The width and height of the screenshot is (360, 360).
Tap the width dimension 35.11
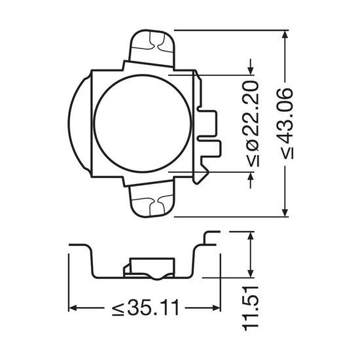[153, 308]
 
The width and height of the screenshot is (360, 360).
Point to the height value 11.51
[251, 308]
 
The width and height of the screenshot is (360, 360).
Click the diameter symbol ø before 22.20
[251, 146]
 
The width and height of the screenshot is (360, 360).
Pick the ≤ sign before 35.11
[118, 308]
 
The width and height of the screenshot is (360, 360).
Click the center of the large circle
[143, 123]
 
